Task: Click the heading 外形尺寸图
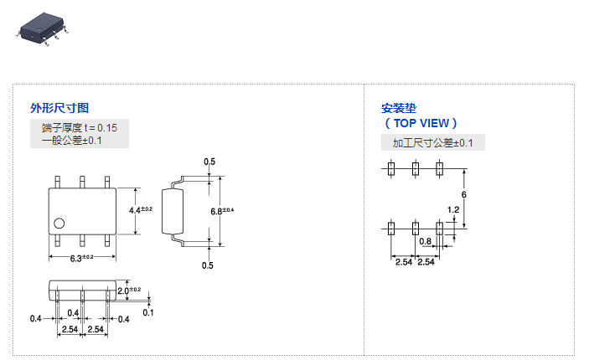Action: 59,108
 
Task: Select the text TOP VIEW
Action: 421,123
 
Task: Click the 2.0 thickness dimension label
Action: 128,291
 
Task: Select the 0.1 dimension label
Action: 147,312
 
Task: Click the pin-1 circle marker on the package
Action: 59,223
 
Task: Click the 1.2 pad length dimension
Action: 453,209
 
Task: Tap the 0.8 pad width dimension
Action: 426,242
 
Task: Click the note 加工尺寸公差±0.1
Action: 432,143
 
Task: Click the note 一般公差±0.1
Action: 71,141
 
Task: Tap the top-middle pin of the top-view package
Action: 82,182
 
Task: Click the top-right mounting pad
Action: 439,168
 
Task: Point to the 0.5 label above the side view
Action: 209,162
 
